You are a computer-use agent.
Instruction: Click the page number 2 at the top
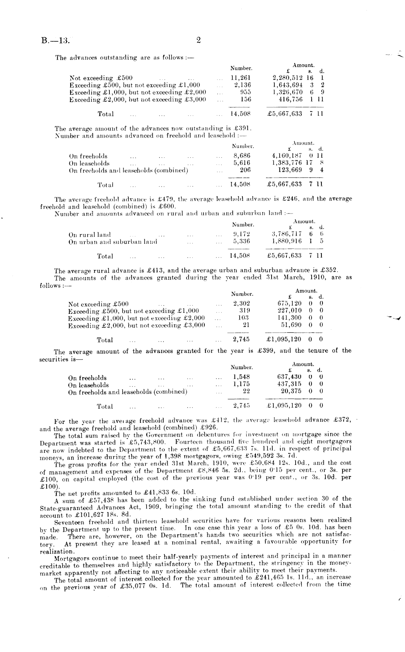pyautogui.click(x=199, y=40)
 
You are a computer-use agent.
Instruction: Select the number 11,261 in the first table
pyautogui.click(x=241, y=78)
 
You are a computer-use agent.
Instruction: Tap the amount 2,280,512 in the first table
pyautogui.click(x=288, y=78)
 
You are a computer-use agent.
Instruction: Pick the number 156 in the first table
pyautogui.click(x=246, y=99)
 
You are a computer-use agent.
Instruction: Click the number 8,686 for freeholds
pyautogui.click(x=242, y=156)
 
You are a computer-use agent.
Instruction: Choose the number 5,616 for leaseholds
pyautogui.click(x=242, y=163)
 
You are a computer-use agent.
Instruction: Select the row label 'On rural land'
pyautogui.click(x=89, y=235)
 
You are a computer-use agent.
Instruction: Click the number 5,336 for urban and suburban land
pyautogui.click(x=241, y=242)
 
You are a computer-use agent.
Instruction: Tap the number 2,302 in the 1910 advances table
pyautogui.click(x=241, y=304)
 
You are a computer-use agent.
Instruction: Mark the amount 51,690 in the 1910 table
pyautogui.click(x=291, y=325)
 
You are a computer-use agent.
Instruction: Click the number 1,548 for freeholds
pyautogui.click(x=241, y=378)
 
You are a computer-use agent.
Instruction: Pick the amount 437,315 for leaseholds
pyautogui.click(x=289, y=385)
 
